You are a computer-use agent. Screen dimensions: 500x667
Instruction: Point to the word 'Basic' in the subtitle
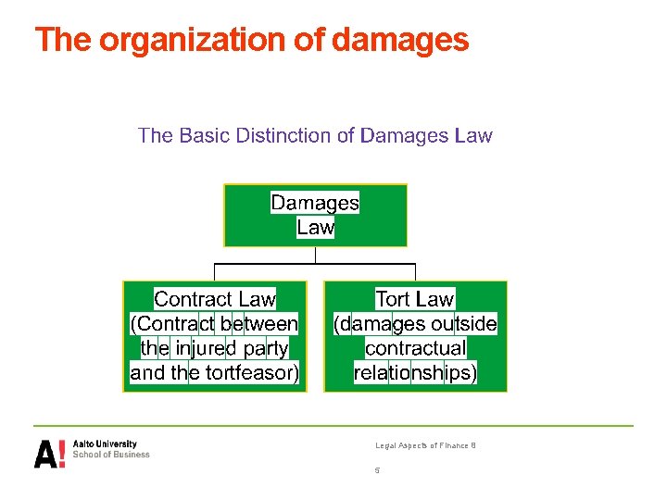(x=202, y=136)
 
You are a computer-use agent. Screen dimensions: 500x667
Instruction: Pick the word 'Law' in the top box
(x=315, y=227)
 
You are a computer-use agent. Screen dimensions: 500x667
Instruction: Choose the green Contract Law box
(x=215, y=336)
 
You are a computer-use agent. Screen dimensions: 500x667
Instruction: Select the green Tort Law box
(x=415, y=336)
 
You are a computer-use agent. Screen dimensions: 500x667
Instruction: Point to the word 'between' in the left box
(x=259, y=324)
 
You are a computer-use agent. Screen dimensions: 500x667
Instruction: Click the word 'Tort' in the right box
(x=393, y=299)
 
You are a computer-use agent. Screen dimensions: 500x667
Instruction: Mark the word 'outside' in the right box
(x=464, y=324)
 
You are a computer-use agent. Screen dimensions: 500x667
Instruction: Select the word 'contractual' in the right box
(x=415, y=349)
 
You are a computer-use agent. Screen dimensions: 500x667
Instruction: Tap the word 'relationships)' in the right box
(x=415, y=374)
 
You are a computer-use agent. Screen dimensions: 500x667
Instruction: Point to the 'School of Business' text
(x=111, y=455)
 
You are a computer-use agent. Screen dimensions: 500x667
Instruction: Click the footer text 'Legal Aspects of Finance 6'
(x=425, y=446)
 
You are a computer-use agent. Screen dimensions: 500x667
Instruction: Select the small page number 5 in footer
(x=377, y=470)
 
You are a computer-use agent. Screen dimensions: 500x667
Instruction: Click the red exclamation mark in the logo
(x=62, y=454)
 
